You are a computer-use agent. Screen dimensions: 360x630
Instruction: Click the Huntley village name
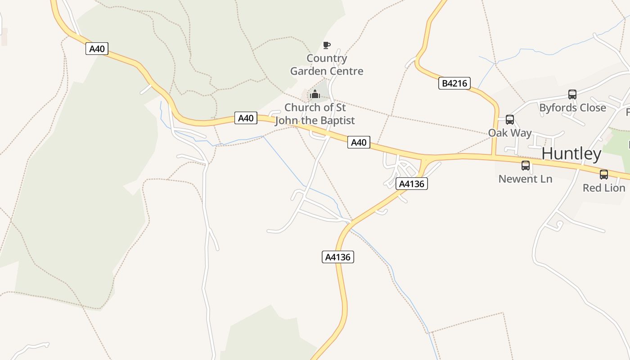(x=571, y=154)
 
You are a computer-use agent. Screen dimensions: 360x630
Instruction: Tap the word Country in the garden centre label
(x=327, y=58)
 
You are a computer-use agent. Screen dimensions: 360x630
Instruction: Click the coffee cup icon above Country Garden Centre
(x=327, y=45)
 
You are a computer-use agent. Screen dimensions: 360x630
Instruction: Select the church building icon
(x=315, y=94)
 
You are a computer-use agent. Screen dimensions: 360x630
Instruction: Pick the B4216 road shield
(x=454, y=83)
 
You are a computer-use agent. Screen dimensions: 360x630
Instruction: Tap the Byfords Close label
(x=572, y=108)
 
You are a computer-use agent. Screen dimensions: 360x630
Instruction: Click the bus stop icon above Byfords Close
(x=572, y=94)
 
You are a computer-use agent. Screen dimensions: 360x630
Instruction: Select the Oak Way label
(x=510, y=133)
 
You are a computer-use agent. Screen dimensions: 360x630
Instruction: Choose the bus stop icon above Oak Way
(x=510, y=120)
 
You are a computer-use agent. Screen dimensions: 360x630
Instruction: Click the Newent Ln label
(x=525, y=179)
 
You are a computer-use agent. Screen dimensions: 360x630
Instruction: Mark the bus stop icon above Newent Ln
(x=526, y=166)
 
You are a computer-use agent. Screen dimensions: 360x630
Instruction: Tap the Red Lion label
(x=604, y=188)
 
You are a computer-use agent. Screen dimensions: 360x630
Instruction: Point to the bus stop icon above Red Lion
(x=604, y=175)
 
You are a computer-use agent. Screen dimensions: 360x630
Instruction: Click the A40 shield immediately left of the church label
(x=246, y=118)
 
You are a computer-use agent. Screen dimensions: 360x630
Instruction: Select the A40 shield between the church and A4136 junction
(x=359, y=143)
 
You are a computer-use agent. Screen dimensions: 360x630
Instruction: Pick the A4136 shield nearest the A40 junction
(x=412, y=184)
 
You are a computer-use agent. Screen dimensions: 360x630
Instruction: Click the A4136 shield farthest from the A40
(x=338, y=257)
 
